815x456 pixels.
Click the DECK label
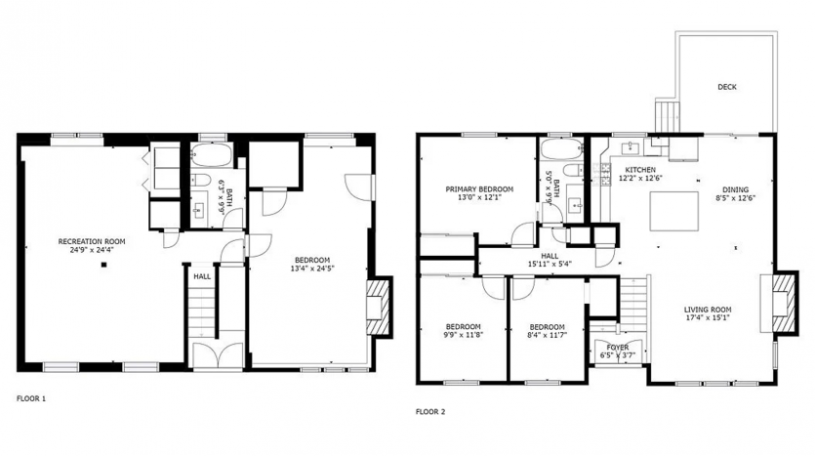[726, 87]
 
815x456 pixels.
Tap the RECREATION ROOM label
[92, 242]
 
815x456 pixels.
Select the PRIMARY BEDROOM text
[479, 189]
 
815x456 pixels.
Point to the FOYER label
[618, 348]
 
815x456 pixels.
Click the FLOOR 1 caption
[31, 398]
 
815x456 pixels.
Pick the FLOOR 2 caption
[430, 412]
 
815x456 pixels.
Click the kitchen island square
[674, 211]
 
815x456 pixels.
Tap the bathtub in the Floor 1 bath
[211, 154]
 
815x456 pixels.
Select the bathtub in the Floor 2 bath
[560, 149]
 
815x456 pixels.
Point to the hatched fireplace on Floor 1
[378, 308]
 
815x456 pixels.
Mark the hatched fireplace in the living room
[784, 303]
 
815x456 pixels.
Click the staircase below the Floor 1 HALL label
[202, 311]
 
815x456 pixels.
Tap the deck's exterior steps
[668, 116]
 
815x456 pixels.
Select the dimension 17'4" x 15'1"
[707, 317]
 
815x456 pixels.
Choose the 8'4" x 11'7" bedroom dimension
[547, 335]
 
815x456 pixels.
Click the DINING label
[736, 189]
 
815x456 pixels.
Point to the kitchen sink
[631, 147]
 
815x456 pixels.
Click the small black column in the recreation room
[104, 265]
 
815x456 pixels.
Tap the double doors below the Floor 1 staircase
[218, 355]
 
